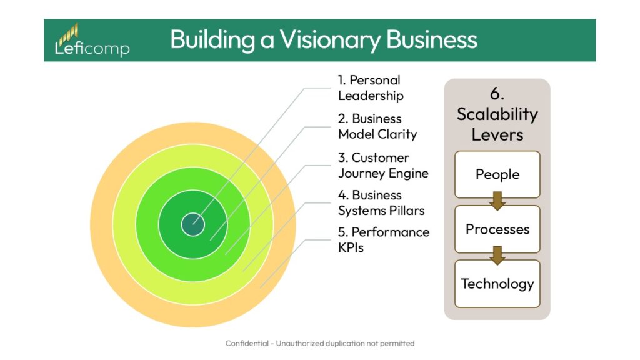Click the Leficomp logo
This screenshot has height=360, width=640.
(92, 41)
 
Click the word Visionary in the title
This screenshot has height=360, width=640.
(331, 39)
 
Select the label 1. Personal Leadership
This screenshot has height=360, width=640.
(371, 87)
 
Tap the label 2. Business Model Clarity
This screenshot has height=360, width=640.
(377, 126)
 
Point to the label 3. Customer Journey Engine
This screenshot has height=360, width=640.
(383, 165)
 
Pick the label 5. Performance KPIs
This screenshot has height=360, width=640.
(384, 239)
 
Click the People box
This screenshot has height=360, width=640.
(497, 174)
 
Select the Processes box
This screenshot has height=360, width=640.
(497, 229)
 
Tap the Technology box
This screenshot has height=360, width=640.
(497, 284)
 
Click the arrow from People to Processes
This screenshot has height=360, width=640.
(497, 201)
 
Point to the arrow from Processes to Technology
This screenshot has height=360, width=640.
(497, 256)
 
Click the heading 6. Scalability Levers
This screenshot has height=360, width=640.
(497, 114)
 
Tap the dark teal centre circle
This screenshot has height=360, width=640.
(192, 224)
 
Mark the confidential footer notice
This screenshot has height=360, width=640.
(320, 343)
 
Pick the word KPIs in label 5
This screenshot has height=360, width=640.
(351, 247)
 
